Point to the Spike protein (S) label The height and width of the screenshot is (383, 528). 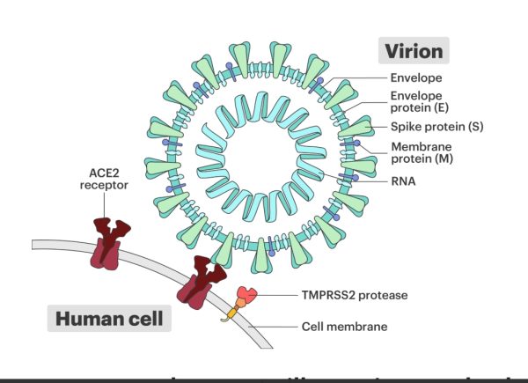(x=427, y=126)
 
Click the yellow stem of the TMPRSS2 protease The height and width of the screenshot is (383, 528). (x=235, y=312)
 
